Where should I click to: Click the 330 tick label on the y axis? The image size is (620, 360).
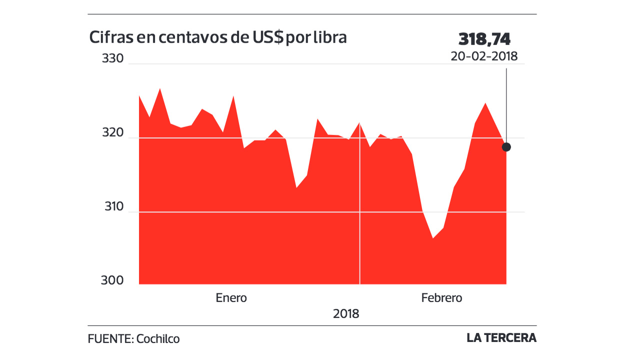(x=112, y=58)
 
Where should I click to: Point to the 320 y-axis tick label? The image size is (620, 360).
(x=112, y=133)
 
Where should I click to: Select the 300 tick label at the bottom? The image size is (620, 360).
(x=112, y=281)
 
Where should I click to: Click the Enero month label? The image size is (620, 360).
(x=231, y=298)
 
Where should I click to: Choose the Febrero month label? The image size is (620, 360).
(x=441, y=298)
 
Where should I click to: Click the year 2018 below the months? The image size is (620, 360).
(x=346, y=314)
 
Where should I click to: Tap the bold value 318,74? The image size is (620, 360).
(x=484, y=39)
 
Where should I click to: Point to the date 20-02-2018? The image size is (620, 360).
(x=484, y=56)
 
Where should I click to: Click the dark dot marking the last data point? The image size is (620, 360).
(x=506, y=147)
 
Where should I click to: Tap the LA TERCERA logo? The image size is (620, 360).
(x=501, y=338)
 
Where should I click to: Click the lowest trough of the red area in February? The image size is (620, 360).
(x=433, y=238)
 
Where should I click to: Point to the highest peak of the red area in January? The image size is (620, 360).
(x=159, y=89)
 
